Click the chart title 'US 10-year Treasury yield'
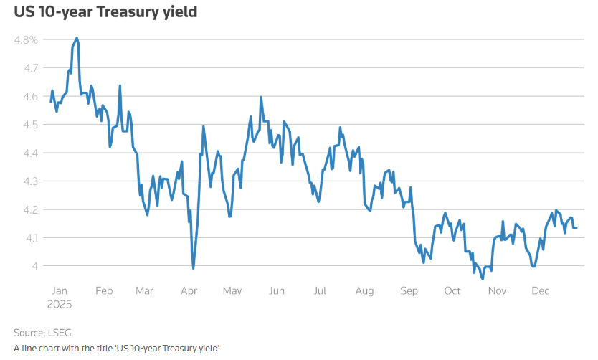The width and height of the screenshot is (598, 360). (x=105, y=12)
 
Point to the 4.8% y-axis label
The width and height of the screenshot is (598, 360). (x=26, y=40)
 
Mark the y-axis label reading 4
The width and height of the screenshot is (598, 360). (x=34, y=266)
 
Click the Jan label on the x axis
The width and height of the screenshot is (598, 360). (x=60, y=290)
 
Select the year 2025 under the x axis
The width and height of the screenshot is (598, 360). (x=61, y=303)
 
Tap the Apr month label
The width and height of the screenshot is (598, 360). (x=189, y=290)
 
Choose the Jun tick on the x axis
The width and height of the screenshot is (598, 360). (x=277, y=290)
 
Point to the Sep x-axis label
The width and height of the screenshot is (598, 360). (x=409, y=290)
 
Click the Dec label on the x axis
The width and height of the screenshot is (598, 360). (x=540, y=290)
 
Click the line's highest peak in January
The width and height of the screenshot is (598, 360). (x=77, y=38)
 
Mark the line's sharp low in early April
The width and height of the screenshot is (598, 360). (x=194, y=268)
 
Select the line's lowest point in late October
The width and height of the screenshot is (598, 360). (x=483, y=278)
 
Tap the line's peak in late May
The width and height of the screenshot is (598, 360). (x=261, y=97)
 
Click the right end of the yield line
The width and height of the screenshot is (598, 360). (x=576, y=228)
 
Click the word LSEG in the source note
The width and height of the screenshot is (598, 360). (x=60, y=333)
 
